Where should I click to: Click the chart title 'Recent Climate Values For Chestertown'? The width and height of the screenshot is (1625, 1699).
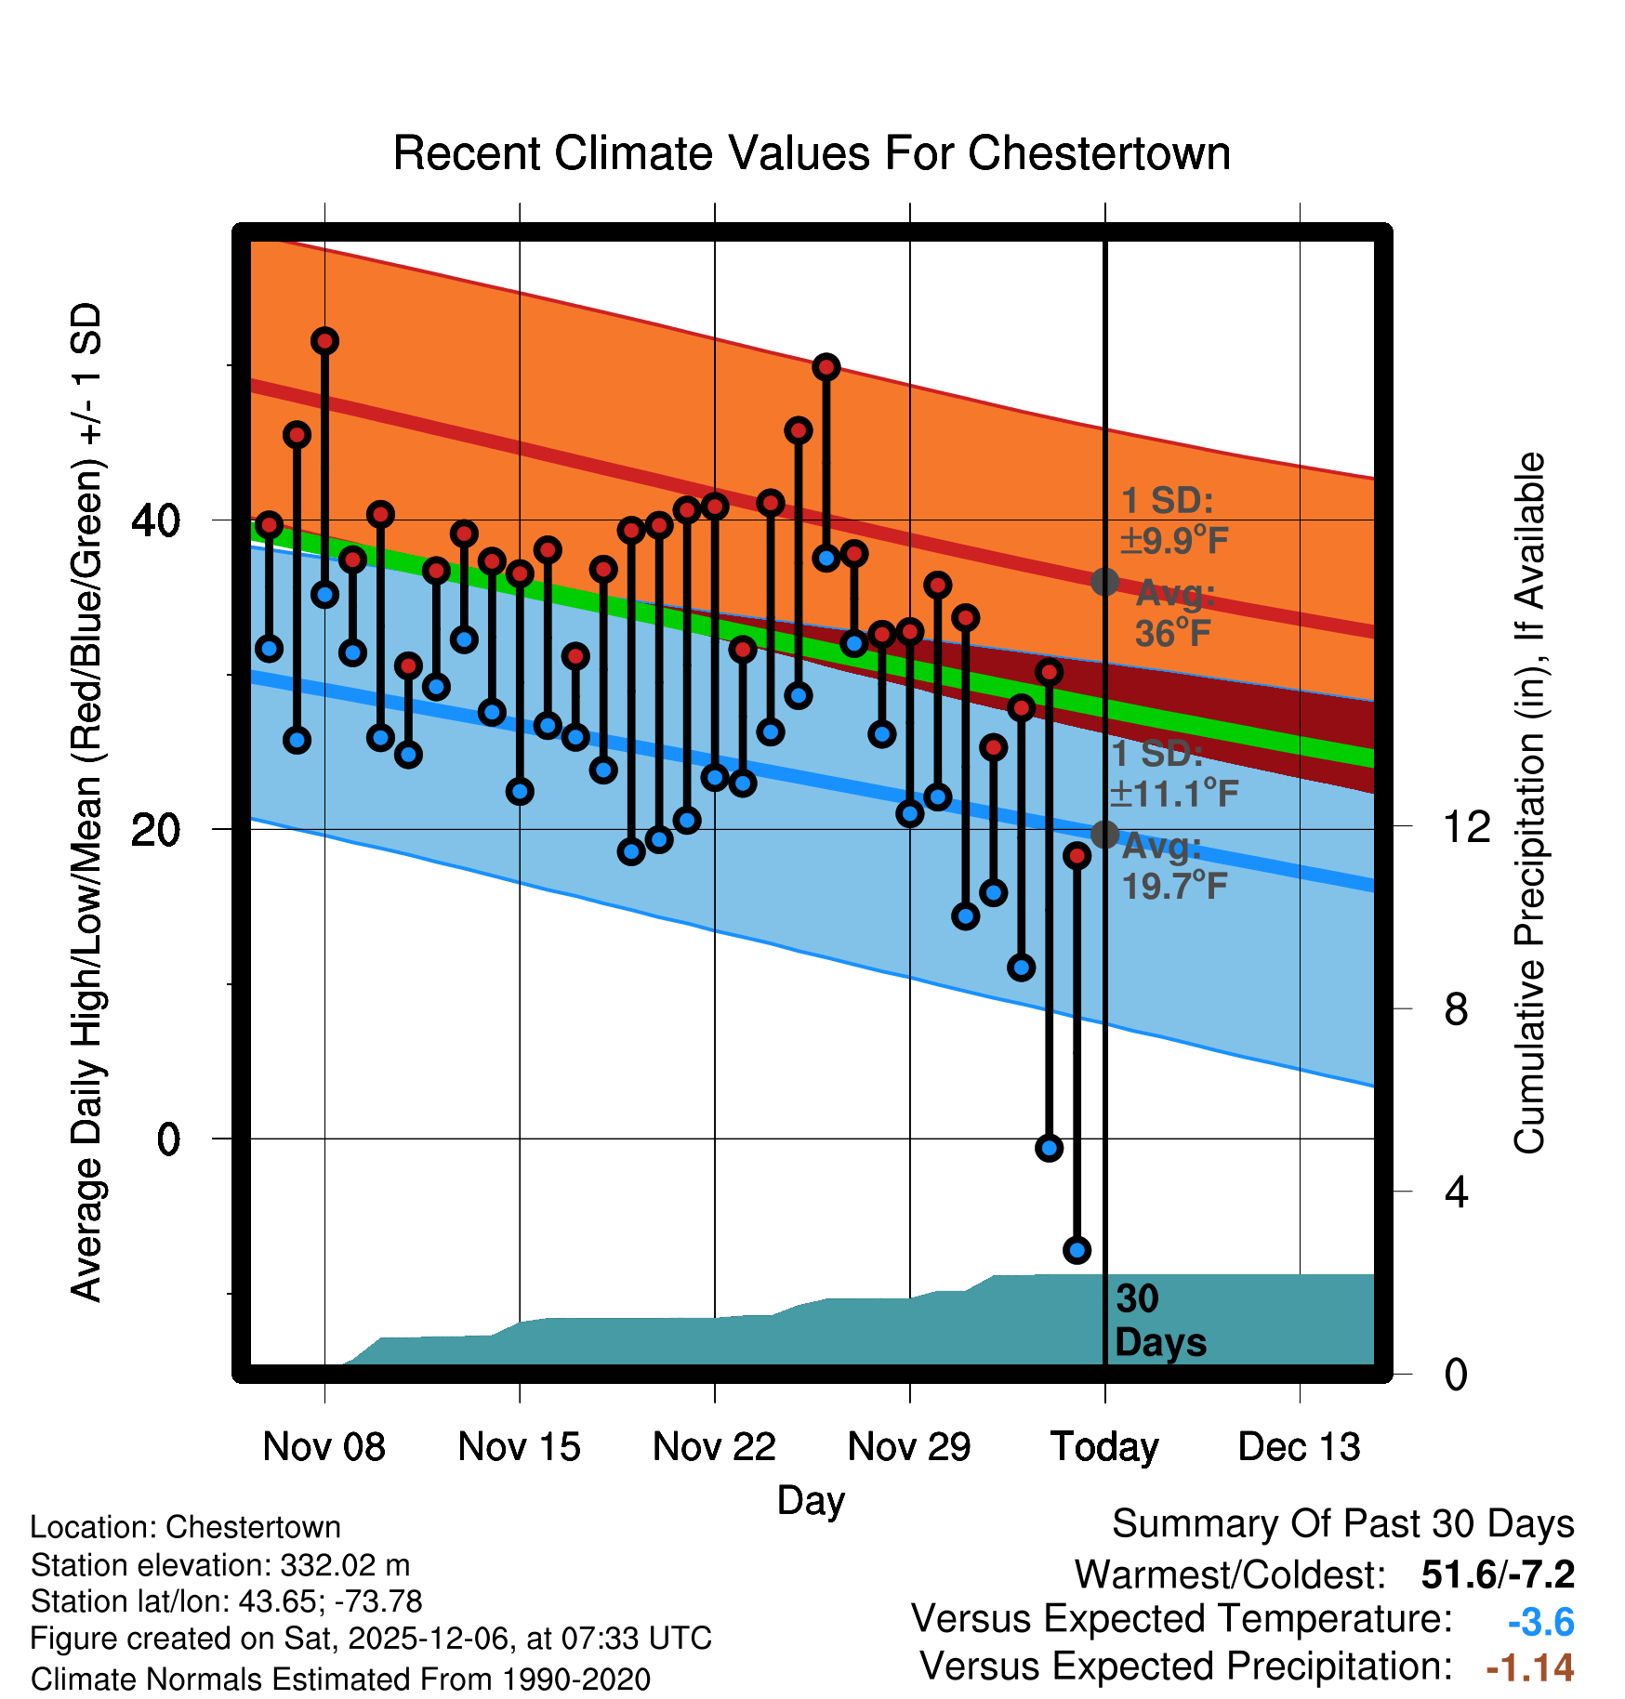click(x=812, y=153)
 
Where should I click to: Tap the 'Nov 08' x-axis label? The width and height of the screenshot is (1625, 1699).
click(x=324, y=1447)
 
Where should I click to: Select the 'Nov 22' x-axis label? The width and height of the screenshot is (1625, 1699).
click(x=714, y=1447)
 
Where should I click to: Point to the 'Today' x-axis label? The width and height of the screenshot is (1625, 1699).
click(x=1104, y=1447)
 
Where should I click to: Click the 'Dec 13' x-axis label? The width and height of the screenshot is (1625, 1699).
click(x=1299, y=1447)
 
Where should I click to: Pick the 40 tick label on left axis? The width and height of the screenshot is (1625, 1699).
click(x=155, y=520)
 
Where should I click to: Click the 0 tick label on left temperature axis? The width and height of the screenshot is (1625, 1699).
click(x=168, y=1139)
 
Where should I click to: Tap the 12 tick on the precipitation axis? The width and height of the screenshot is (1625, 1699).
click(x=1466, y=826)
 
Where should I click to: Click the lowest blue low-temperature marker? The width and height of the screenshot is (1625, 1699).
click(x=1077, y=1250)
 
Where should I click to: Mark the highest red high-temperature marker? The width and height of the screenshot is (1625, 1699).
click(x=324, y=341)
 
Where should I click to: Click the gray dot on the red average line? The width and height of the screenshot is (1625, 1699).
click(x=1104, y=582)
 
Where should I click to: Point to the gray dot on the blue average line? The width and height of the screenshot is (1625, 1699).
click(x=1104, y=835)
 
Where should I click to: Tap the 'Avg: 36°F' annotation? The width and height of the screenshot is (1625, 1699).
click(x=1174, y=614)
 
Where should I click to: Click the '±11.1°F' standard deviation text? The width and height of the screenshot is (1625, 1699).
click(x=1174, y=794)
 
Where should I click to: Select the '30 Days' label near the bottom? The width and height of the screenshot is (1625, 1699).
click(x=1159, y=1322)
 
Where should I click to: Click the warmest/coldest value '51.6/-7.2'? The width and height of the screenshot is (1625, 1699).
click(x=1497, y=1574)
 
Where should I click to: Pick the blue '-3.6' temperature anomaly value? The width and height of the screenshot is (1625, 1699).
click(x=1540, y=1622)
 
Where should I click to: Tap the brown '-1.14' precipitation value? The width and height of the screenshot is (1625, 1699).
click(x=1529, y=1668)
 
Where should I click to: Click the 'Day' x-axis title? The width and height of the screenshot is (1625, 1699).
click(x=811, y=1501)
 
